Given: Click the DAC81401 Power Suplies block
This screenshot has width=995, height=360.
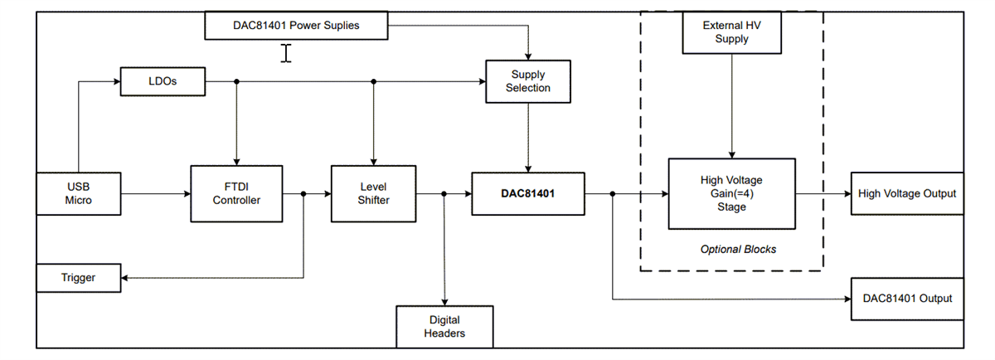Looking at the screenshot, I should pyautogui.click(x=296, y=25).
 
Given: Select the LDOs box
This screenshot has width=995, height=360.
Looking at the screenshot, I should pyautogui.click(x=163, y=81).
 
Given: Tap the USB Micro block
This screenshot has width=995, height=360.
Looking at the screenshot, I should pyautogui.click(x=79, y=193).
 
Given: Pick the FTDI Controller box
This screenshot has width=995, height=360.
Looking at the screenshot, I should pyautogui.click(x=236, y=193).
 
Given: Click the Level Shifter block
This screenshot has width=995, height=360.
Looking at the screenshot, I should pyautogui.click(x=372, y=193).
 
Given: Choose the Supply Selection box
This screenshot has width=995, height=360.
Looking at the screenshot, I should pyautogui.click(x=528, y=81).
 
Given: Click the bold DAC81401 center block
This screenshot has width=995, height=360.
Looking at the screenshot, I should pyautogui.click(x=527, y=193).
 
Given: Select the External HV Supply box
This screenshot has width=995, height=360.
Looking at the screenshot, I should pyautogui.click(x=731, y=32).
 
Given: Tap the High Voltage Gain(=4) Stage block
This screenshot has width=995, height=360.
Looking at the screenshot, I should pyautogui.click(x=731, y=193).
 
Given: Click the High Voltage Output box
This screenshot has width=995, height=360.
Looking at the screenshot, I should pyautogui.click(x=906, y=193).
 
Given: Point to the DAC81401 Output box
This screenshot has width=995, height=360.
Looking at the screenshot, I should pyautogui.click(x=906, y=298).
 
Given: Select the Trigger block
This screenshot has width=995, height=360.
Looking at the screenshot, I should pyautogui.click(x=79, y=277).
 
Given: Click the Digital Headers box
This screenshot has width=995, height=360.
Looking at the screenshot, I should pyautogui.click(x=444, y=326).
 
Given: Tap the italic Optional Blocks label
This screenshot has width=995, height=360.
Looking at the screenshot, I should pyautogui.click(x=738, y=249).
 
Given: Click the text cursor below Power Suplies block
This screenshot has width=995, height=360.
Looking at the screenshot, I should pyautogui.click(x=286, y=54).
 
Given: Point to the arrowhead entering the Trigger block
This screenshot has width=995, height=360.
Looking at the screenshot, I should pyautogui.click(x=126, y=277).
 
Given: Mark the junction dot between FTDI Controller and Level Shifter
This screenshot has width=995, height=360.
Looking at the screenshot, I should pyautogui.click(x=303, y=193).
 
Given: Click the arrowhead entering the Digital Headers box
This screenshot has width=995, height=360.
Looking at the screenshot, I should pyautogui.click(x=444, y=301).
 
